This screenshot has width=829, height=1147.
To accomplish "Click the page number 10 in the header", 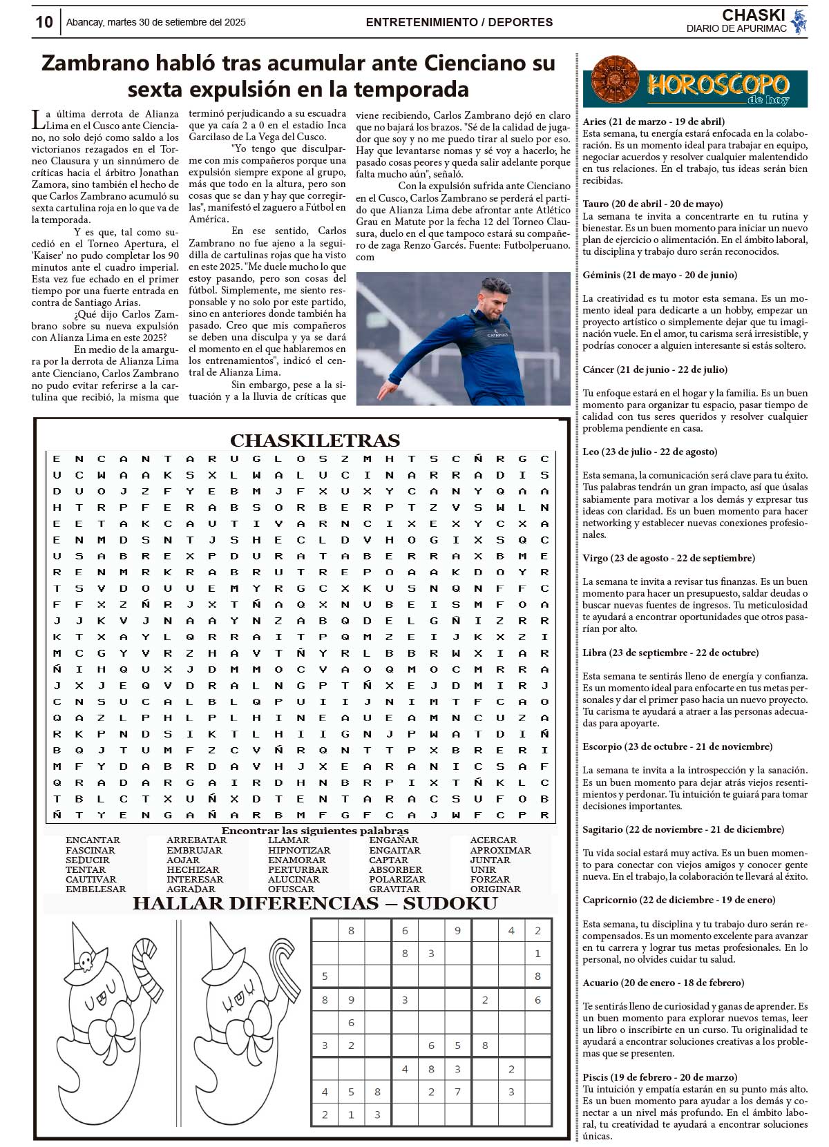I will point(44,22).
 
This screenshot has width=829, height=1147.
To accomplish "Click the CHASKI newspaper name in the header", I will point(753,15).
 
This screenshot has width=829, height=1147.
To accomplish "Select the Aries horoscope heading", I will point(654,122).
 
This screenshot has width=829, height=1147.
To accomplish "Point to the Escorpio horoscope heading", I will point(678,746).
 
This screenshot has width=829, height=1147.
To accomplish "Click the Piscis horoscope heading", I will point(660,1077).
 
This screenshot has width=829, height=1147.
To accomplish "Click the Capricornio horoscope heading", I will point(678,900).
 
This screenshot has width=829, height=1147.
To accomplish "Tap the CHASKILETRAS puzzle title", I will point(314,441).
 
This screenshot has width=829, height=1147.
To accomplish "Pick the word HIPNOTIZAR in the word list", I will point(299,850).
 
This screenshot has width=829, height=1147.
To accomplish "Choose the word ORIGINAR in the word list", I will point(495,889).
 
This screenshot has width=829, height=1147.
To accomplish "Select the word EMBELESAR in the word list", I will point(96,889).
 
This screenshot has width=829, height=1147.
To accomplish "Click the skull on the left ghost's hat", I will point(86,960).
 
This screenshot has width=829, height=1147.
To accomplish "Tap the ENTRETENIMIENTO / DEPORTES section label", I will point(459,22).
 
